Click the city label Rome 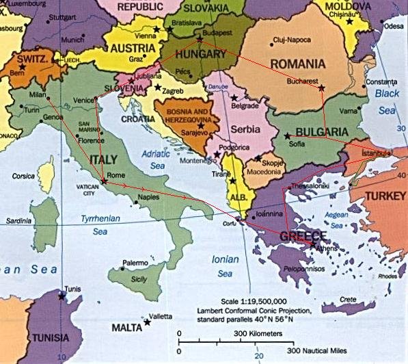point(116,174)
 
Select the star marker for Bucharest point(321,87)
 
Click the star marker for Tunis point(62,296)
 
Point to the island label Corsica point(25,176)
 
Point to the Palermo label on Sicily point(135,263)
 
